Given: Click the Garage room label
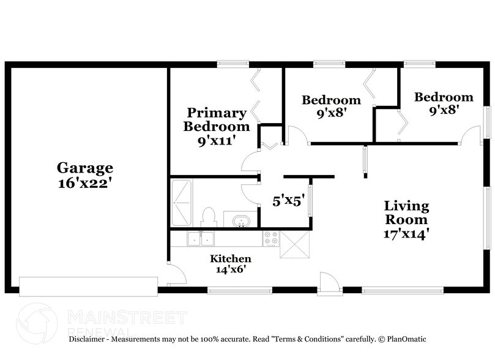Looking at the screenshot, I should coord(85,167).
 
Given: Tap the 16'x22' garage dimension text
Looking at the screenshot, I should coord(85,183).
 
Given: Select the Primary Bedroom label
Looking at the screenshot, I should coord(217,120).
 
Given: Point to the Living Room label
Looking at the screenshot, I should coord(406,212).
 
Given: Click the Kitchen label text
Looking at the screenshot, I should coord(231,258).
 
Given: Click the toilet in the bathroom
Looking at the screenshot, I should coord(209,217).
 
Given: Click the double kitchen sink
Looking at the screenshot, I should coord(200,238).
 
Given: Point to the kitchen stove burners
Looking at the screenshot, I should coord(270,238).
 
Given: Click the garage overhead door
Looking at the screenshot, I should coord(88,285).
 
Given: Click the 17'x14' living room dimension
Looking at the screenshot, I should coord(406,233).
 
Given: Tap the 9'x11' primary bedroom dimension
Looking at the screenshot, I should coord(217,141).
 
